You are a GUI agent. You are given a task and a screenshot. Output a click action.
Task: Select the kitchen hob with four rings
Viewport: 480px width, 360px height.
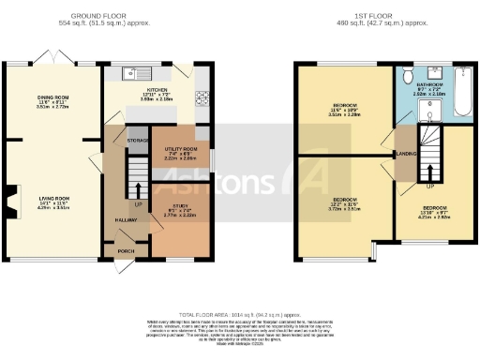click(x=201, y=97)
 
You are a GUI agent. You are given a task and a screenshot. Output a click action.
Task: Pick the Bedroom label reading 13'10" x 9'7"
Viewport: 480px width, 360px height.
click(x=434, y=210)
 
